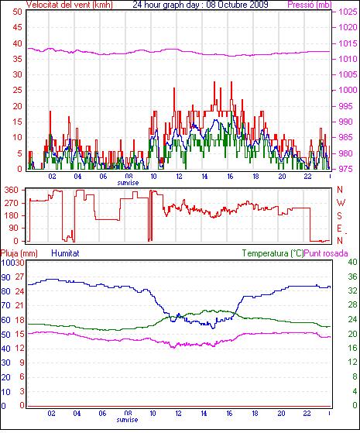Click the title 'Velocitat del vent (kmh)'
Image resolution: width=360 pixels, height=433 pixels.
coord(70,5)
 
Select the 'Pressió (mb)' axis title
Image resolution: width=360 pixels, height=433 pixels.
coord(310,5)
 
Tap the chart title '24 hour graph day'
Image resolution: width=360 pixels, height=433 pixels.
coord(166,5)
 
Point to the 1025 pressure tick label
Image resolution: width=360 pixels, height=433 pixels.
coord(348,12)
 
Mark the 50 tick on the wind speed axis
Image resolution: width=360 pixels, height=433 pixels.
coord(17,12)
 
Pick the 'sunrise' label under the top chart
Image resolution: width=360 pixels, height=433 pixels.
coord(128,183)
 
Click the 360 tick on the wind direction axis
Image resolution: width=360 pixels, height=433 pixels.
coord(11,190)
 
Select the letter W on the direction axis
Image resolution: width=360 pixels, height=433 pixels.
coord(341,203)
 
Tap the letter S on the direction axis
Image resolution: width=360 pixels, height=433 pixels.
coord(339,215)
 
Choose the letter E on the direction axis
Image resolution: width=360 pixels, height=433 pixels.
coord(339,228)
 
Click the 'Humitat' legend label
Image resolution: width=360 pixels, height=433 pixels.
coord(65,253)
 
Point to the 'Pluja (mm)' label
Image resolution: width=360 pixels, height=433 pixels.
coord(19,253)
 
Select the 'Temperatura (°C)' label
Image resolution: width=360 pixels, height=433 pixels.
coord(273,253)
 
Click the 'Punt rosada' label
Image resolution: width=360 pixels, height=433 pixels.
coord(326,253)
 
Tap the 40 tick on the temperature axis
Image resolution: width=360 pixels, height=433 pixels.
coord(352,262)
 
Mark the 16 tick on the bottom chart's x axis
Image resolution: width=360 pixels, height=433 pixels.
coord(229,414)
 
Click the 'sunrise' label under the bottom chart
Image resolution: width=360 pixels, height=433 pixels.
coord(127,420)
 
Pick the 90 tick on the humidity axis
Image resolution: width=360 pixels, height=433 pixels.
coord(5,277)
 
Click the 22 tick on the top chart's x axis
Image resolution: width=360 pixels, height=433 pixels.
coord(308,176)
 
